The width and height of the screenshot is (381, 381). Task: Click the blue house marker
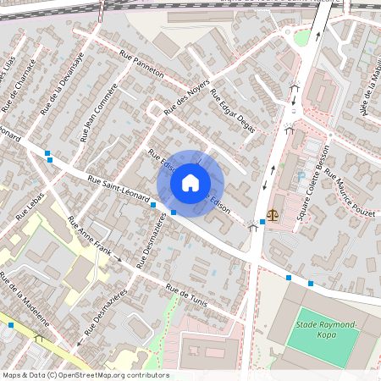click(190, 183)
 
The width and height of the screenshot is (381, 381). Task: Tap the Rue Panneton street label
click(141, 65)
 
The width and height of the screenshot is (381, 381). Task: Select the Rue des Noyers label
click(186, 97)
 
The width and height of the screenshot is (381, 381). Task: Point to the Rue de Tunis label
click(187, 299)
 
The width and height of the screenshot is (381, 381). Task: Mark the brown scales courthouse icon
click(273, 217)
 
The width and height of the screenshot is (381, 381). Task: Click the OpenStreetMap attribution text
click(85, 375)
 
